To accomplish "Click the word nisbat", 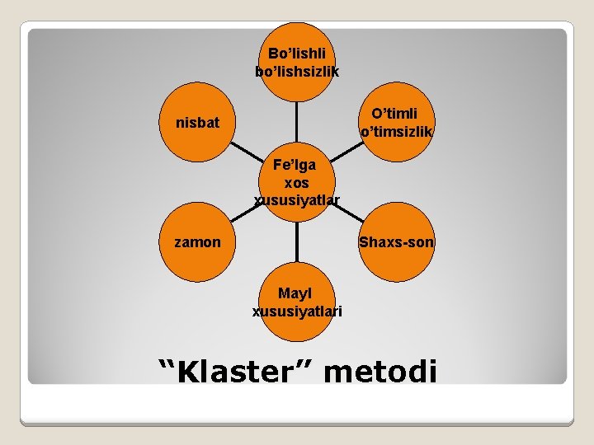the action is point(197,124).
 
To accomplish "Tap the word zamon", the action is point(197,242).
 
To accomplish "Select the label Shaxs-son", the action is point(396,242).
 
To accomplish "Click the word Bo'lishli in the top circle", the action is point(297,54).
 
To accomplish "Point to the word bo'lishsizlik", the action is point(297,72).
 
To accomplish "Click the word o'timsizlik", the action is point(397,131).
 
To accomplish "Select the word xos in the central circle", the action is point(297,181).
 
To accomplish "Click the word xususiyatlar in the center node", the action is point(297,199).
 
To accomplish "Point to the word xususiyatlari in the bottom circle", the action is point(297,311).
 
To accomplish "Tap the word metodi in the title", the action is point(380,372).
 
